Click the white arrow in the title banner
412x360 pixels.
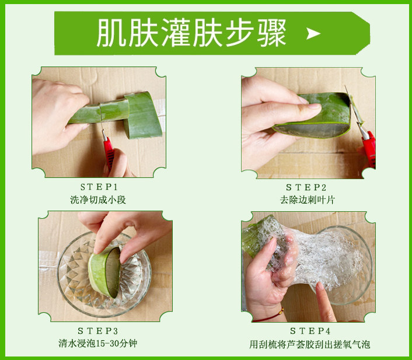313,34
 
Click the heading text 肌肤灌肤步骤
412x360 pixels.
191,33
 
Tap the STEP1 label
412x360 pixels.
99,187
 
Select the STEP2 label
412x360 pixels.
306,188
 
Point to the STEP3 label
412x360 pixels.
97,331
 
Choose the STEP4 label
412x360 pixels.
310,331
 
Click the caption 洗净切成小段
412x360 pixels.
98,200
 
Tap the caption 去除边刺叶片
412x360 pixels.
307,200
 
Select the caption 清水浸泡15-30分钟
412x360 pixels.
97,344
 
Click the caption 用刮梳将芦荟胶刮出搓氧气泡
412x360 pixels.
310,344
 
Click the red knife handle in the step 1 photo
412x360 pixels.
109,152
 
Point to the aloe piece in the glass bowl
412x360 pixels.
104,272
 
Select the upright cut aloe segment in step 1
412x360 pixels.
142,115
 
